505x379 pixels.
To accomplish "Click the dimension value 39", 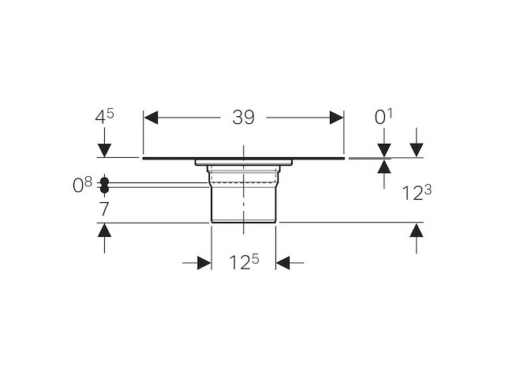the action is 244,118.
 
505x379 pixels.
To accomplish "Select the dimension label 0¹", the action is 383,117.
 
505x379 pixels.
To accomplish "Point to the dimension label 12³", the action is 417,193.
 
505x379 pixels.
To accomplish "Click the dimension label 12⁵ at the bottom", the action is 244,261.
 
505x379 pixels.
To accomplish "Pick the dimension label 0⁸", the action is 82,185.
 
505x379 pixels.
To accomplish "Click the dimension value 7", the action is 104,209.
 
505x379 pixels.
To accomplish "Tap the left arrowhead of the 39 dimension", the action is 151,118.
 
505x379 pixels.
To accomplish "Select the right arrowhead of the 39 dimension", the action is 336,118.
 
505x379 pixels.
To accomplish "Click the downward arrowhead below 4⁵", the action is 104,151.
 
